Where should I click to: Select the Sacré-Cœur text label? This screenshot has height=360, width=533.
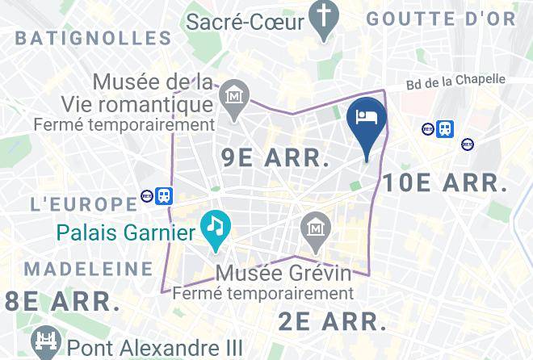click(x=246, y=20)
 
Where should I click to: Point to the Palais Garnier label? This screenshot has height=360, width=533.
click(x=126, y=234)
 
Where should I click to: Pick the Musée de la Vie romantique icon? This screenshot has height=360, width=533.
click(x=235, y=98)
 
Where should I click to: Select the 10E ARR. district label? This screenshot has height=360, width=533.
click(x=445, y=182)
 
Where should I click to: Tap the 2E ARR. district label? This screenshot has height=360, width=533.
click(x=333, y=321)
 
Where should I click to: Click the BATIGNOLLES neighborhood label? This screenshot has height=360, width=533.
click(x=93, y=37)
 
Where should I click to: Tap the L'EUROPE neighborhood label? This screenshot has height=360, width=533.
click(x=83, y=203)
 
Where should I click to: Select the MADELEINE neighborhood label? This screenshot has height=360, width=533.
click(x=88, y=268)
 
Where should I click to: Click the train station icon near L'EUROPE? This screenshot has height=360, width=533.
click(x=165, y=196)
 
